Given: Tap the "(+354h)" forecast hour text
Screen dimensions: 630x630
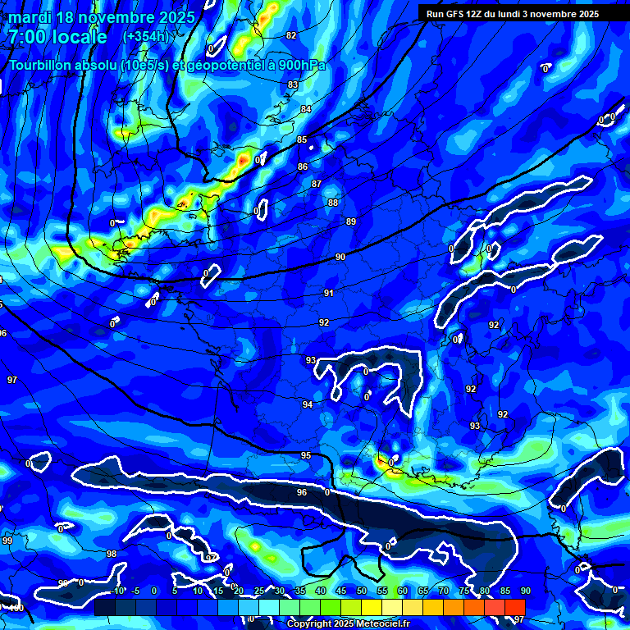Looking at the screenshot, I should pos(146,36).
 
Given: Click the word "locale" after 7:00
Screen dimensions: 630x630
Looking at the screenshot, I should pos(80,37).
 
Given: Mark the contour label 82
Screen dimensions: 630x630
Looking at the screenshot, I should pos(291,35).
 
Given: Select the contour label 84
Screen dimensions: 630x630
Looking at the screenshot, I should pos(306,109).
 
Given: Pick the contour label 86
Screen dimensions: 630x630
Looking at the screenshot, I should pos(303,167).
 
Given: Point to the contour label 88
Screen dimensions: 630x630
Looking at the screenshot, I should pos(332,203).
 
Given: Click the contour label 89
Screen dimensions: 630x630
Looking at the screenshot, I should pos(351,221).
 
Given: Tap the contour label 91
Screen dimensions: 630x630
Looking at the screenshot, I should pos(328,293).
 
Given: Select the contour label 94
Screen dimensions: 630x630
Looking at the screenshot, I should pos(307,404).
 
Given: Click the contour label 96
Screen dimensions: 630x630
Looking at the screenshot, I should pos(301,492).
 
